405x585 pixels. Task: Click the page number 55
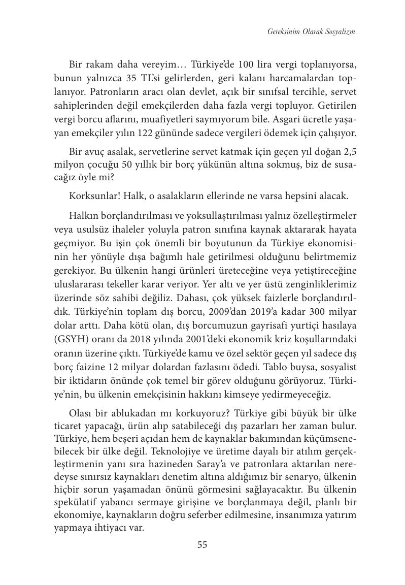(x=202, y=545)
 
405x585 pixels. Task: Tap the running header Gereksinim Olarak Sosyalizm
(x=311, y=31)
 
